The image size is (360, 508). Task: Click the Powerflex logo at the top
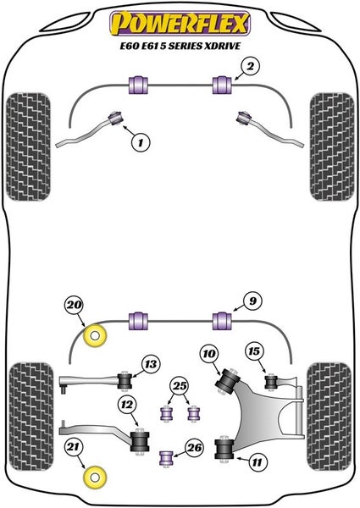coord(180,24)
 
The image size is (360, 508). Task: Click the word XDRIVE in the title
coord(222,46)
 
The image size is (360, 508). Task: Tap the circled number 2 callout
coord(250,66)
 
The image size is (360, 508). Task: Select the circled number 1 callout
coord(141,142)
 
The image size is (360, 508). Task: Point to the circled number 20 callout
coord(75,305)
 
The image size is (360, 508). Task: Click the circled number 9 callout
coord(252,301)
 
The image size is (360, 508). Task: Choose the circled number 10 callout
coord(209,353)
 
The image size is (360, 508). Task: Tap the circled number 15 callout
coord(254,351)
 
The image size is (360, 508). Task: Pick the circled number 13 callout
coord(150,364)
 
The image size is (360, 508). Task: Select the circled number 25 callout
coord(180,386)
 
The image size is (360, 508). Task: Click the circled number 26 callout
coord(194,447)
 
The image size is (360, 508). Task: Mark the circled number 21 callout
coord(73,447)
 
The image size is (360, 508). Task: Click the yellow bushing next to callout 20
coord(95,335)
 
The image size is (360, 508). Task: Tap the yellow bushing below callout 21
coord(95,478)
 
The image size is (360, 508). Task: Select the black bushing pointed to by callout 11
coord(224,449)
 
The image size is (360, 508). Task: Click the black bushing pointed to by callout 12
coord(140,442)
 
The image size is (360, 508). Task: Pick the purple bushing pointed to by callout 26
coord(167,458)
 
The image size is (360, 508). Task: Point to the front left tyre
coord(29,146)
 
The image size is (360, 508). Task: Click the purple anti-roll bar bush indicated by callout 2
coord(222,85)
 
